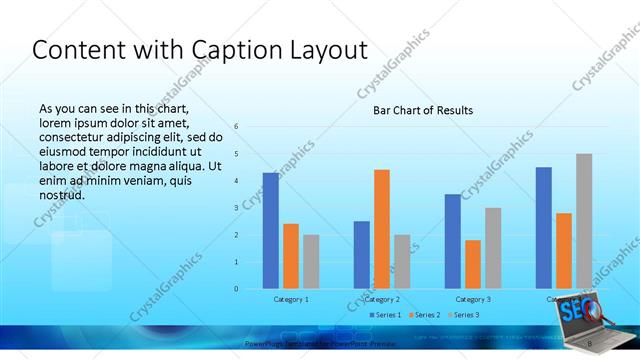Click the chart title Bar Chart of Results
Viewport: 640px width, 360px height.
click(423, 110)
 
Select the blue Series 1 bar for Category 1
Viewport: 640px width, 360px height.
click(271, 230)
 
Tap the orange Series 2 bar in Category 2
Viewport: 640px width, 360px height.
click(381, 229)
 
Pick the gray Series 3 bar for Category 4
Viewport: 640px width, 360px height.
click(584, 221)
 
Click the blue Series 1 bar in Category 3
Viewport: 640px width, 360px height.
click(453, 241)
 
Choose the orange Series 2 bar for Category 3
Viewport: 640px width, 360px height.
click(473, 264)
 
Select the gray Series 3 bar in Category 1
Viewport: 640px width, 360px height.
click(311, 261)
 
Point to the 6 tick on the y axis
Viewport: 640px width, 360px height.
click(236, 126)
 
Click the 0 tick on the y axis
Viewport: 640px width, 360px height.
click(236, 289)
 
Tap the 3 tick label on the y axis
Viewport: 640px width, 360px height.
click(236, 208)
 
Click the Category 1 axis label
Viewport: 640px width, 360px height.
click(291, 299)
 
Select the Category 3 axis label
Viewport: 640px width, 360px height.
click(473, 299)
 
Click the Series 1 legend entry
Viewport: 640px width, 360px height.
click(386, 315)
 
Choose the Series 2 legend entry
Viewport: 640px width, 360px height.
click(425, 315)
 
